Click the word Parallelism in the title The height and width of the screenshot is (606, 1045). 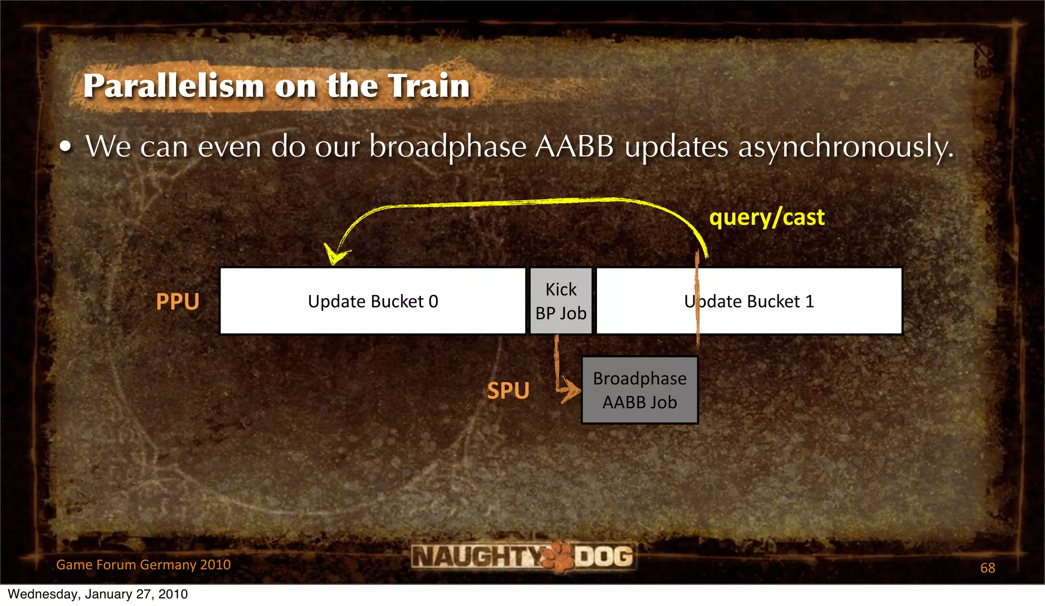click(x=174, y=86)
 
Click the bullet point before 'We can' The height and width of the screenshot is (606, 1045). click(x=65, y=147)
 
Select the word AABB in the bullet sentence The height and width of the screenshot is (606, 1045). click(x=575, y=147)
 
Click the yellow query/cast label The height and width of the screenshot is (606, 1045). click(x=766, y=218)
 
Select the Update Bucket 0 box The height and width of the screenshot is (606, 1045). click(x=373, y=301)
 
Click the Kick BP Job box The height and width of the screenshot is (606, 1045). click(x=561, y=301)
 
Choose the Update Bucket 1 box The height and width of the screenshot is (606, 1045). click(x=749, y=301)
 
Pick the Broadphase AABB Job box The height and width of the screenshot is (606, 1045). click(x=640, y=390)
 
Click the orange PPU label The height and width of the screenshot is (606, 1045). click(x=178, y=302)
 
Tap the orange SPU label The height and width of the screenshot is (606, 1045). click(x=508, y=391)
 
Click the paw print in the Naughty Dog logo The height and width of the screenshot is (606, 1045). click(x=558, y=557)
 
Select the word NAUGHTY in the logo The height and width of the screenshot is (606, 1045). click(x=477, y=556)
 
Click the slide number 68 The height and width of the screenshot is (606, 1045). click(x=987, y=568)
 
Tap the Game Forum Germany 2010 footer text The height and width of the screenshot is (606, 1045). click(x=143, y=565)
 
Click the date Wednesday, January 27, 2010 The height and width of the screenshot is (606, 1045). click(x=97, y=594)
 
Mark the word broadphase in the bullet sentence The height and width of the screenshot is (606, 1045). click(x=447, y=147)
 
